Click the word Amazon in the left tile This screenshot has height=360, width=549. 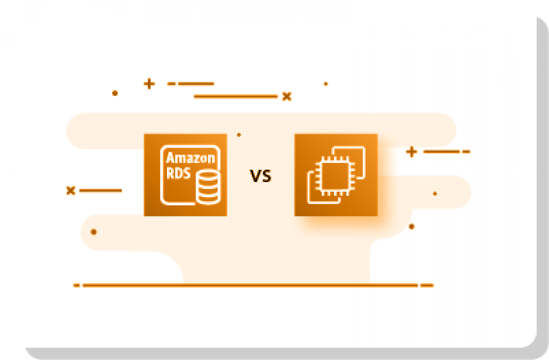pos(190,158)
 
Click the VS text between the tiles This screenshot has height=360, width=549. pos(260,176)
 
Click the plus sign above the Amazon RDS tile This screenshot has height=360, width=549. pos(149,84)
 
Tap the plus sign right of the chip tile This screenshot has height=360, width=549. pos(412,152)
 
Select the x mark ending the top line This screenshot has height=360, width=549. pos(287,97)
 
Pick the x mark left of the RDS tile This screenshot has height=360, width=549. pos(70,190)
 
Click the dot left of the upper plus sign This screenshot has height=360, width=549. pos(115,93)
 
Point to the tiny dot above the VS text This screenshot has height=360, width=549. pos(239,135)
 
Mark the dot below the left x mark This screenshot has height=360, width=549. pos(94,232)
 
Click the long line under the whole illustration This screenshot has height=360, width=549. pos(250,285)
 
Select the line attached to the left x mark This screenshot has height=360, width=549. pos(101,190)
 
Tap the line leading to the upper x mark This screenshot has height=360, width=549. pos(236,97)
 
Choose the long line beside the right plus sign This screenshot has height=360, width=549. pos(441,151)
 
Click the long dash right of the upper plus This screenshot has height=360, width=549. pos(196,84)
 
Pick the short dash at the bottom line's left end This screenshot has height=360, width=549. pos(77,285)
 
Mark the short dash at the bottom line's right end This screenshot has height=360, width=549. pos(427,285)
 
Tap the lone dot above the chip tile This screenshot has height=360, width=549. pos(326,84)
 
